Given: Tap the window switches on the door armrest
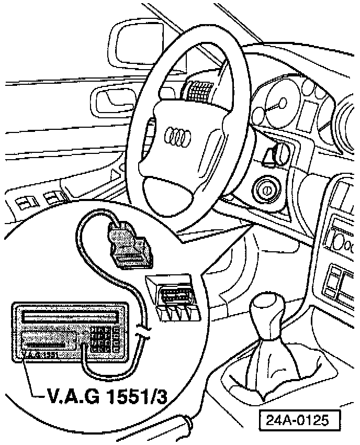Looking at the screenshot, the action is [37, 201].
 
